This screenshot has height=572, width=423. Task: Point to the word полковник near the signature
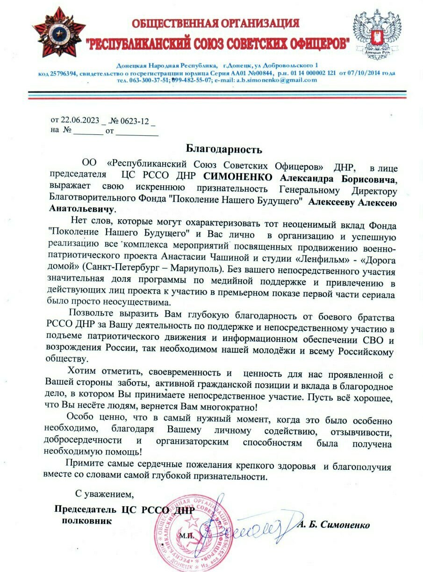87,520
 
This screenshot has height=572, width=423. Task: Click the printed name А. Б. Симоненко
333,525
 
